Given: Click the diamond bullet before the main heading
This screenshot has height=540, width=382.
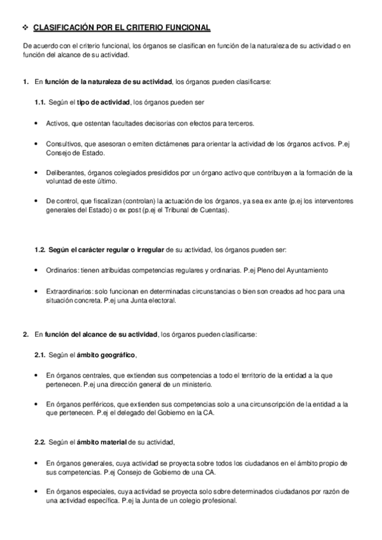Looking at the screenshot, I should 25,29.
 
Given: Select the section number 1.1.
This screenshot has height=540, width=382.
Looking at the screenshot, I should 39,103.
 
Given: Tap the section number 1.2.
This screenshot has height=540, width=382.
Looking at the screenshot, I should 39,248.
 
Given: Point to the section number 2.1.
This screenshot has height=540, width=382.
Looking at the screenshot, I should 39,354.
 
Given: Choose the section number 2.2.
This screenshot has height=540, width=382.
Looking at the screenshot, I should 39,441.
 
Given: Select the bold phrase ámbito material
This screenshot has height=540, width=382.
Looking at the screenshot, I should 102,441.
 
